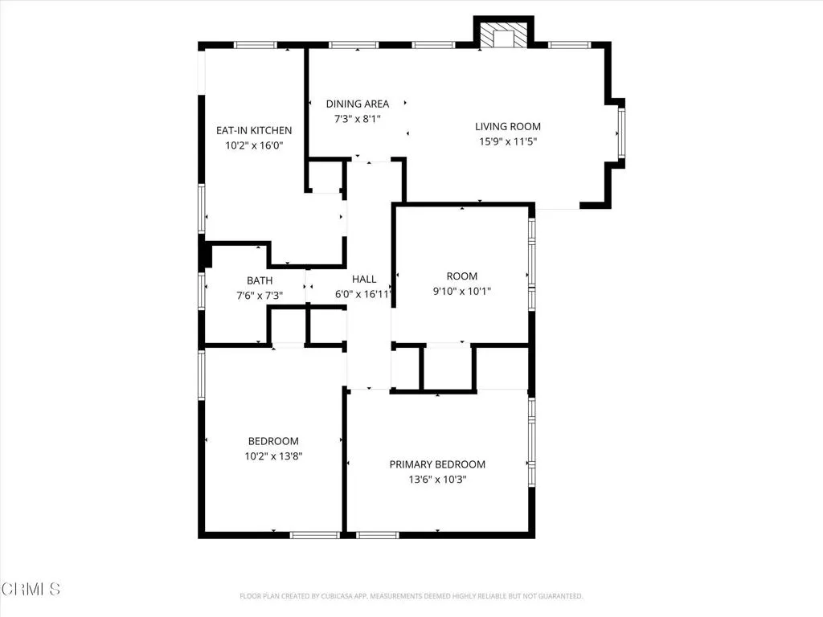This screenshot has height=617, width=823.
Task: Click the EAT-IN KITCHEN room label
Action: pyautogui.click(x=253, y=130)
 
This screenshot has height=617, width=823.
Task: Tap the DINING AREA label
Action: pyautogui.click(x=357, y=104)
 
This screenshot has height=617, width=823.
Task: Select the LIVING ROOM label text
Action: pyautogui.click(x=507, y=126)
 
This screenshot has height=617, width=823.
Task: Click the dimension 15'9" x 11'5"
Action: pyautogui.click(x=507, y=141)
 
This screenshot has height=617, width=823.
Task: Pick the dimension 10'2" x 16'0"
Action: pyautogui.click(x=253, y=145)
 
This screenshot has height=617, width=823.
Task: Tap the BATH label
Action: pyautogui.click(x=259, y=280)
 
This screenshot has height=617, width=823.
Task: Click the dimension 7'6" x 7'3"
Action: pyautogui.click(x=259, y=295)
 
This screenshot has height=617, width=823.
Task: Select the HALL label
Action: pyautogui.click(x=364, y=280)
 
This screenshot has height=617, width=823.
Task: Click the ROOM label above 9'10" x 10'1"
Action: pyautogui.click(x=462, y=276)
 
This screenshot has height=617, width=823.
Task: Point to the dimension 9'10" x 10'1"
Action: pyautogui.click(x=462, y=292)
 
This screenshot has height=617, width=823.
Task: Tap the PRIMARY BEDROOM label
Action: pyautogui.click(x=437, y=464)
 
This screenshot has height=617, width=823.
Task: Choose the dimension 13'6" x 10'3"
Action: pyautogui.click(x=437, y=480)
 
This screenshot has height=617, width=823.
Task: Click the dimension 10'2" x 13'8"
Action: pyautogui.click(x=273, y=456)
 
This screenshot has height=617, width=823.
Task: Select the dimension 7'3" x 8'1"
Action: pyautogui.click(x=357, y=119)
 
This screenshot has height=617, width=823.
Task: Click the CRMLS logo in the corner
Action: pyautogui.click(x=31, y=589)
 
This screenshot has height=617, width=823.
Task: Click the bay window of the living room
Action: pyautogui.click(x=620, y=133)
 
